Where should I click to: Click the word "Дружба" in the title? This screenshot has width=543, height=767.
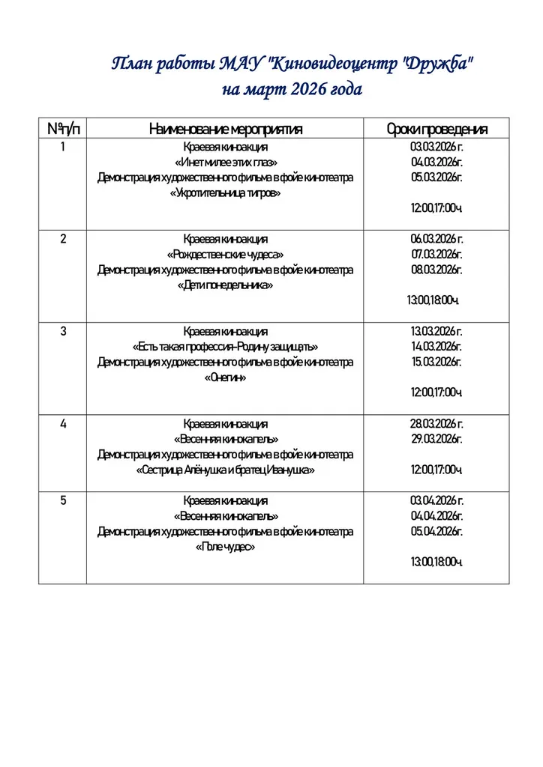coord(438,64)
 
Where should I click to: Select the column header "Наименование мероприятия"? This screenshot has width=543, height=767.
coord(225,130)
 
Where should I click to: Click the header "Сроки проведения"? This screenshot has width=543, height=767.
coord(436,130)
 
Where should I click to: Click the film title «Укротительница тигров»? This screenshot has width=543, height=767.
coord(225,193)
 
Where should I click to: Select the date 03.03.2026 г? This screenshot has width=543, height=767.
coord(436,147)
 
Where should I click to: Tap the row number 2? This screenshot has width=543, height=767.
coord(63,239)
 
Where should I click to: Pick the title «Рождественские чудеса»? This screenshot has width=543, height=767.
coord(225,255)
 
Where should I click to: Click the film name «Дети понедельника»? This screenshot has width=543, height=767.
coord(225,285)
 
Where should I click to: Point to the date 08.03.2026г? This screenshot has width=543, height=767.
coord(436,270)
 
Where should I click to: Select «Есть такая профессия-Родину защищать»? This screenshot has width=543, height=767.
coord(225,347)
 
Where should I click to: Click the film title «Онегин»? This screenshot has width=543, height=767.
coord(225,378)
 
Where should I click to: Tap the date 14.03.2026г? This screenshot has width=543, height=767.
coord(436,347)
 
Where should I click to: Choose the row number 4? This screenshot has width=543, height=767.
coord(63,423)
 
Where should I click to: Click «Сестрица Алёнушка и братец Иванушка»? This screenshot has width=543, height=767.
coord(225,470)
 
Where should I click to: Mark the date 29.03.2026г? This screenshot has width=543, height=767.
coord(436,439)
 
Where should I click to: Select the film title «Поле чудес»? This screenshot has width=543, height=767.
coord(225,547)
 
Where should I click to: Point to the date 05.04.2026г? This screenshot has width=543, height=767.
coord(436,531)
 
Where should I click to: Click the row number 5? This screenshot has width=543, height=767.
coord(63,500)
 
